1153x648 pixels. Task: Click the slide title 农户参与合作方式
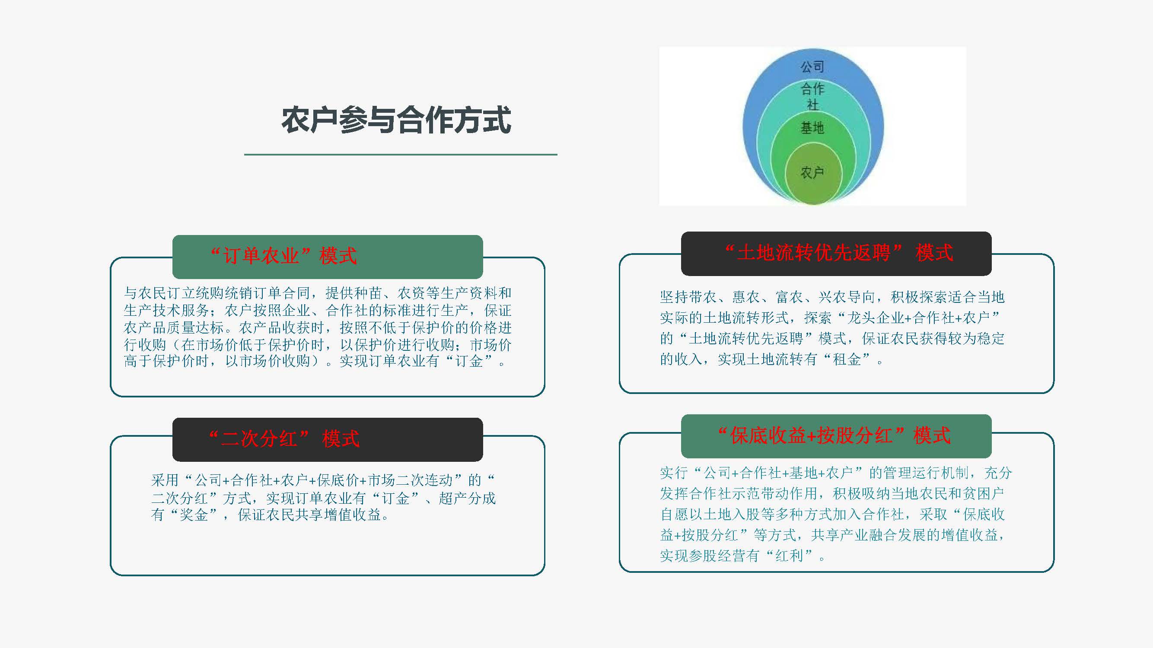[x=396, y=120]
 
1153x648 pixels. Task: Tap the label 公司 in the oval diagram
[x=812, y=67]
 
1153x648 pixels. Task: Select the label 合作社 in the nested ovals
[x=812, y=96]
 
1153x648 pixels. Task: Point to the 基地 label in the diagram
[x=812, y=128]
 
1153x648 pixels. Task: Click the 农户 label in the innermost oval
[x=812, y=172]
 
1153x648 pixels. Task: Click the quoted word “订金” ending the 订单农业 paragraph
[x=469, y=361]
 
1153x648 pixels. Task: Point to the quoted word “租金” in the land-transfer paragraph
[x=847, y=359]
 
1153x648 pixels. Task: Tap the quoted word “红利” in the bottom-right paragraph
[x=790, y=556]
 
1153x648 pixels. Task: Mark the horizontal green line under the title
[x=401, y=155]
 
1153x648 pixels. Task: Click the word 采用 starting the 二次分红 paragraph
[x=165, y=480]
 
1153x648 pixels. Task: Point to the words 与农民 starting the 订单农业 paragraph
[x=146, y=293]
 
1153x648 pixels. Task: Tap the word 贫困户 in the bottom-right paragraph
[x=983, y=493]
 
